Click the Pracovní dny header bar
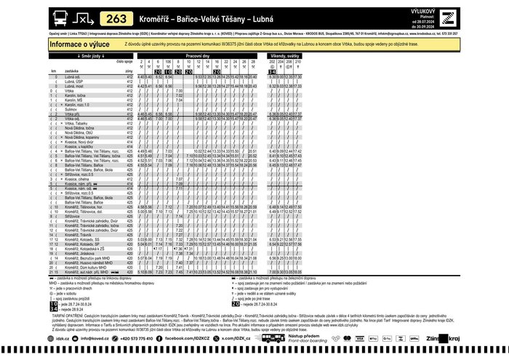point(197,56)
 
